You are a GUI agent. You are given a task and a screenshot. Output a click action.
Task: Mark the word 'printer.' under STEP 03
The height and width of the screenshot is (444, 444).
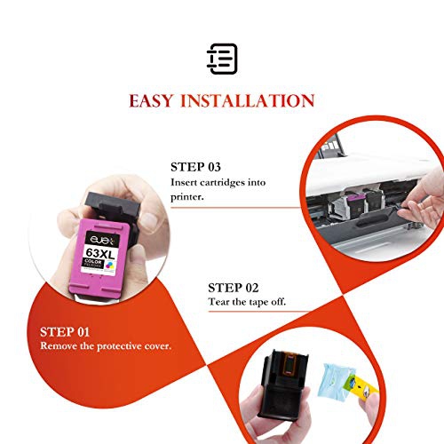coord(188,197)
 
